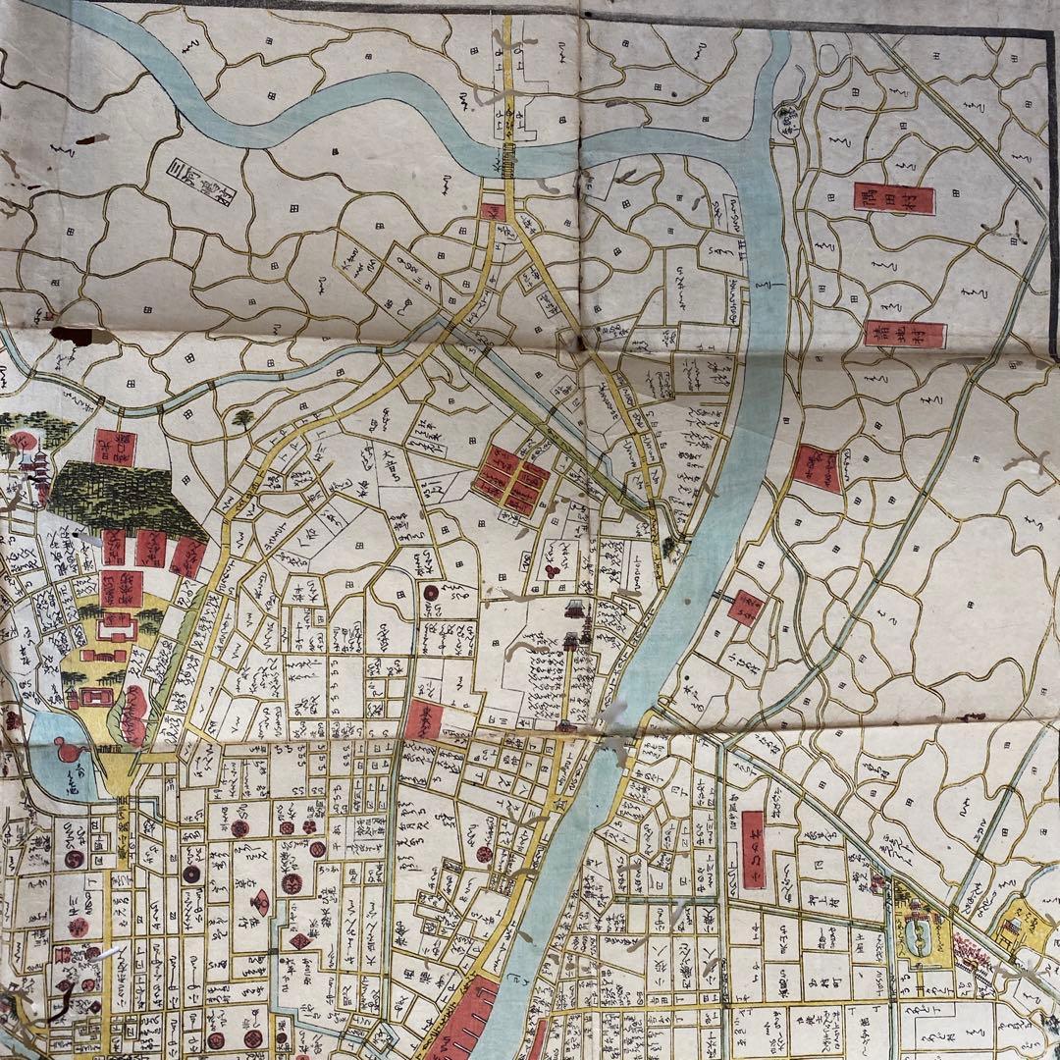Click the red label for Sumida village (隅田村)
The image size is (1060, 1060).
[893, 198]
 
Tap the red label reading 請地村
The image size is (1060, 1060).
[905, 335]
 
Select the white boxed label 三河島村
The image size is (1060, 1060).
[203, 178]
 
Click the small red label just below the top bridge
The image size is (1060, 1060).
[494, 211]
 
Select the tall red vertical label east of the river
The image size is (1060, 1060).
[753, 850]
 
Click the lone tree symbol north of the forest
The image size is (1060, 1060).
[242, 419]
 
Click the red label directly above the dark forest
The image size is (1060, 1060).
[116, 447]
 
